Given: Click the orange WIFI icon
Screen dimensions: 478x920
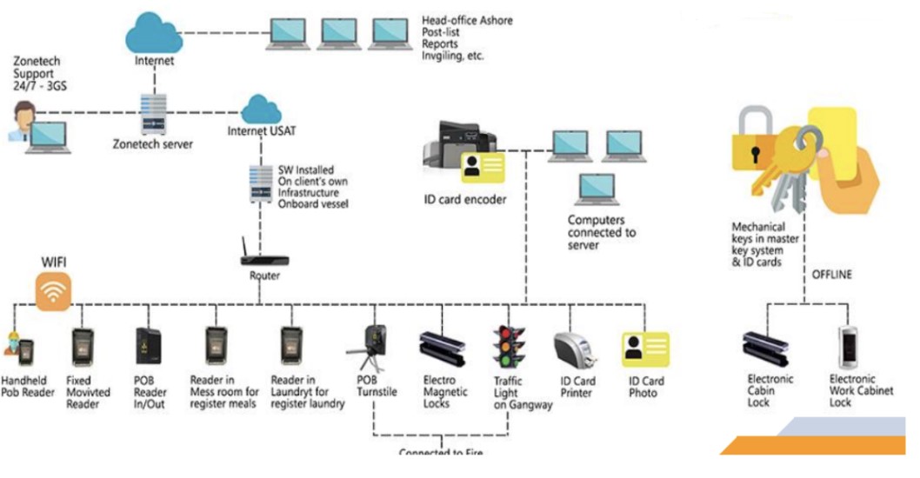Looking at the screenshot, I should [x=53, y=293].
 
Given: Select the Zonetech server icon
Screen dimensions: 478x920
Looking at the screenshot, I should [x=153, y=113].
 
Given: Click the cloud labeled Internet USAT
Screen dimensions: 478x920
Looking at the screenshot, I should [x=258, y=110].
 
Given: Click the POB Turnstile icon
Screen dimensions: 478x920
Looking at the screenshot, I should [x=375, y=349].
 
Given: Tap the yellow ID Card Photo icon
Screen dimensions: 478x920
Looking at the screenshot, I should [x=645, y=349].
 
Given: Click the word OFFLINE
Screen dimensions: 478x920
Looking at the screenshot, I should [x=831, y=275].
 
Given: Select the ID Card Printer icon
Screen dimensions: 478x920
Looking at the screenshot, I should [x=575, y=350].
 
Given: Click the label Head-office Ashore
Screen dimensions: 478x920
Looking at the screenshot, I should [x=467, y=20].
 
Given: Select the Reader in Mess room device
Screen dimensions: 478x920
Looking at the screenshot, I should [x=217, y=349].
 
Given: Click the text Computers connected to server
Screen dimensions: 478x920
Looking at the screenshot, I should [x=602, y=233].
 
